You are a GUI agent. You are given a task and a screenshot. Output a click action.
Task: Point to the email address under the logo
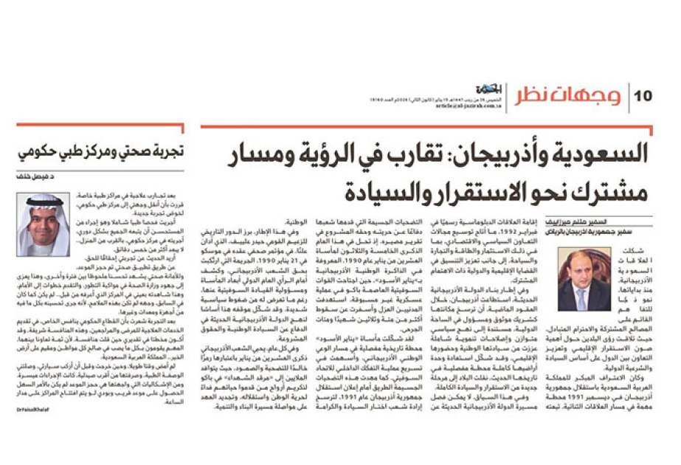(x=479, y=106)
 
